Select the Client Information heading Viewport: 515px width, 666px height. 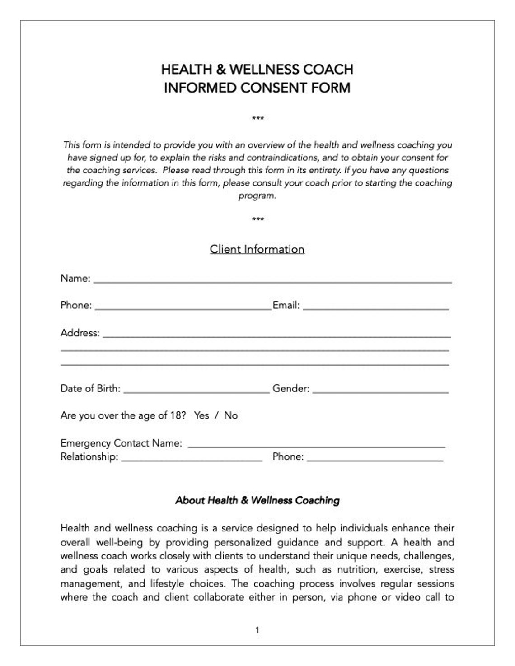click(x=257, y=249)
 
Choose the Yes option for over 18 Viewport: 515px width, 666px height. click(x=201, y=415)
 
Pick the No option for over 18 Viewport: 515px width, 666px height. click(x=231, y=415)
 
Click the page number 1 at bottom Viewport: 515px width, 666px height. click(x=257, y=630)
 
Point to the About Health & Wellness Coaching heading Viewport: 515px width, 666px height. click(x=257, y=500)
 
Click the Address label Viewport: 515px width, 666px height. click(x=80, y=333)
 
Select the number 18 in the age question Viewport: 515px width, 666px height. click(x=178, y=415)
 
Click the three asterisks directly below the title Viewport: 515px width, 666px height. click(x=257, y=119)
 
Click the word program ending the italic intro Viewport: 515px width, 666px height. click(x=256, y=196)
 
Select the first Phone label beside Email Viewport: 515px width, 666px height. click(x=76, y=305)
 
